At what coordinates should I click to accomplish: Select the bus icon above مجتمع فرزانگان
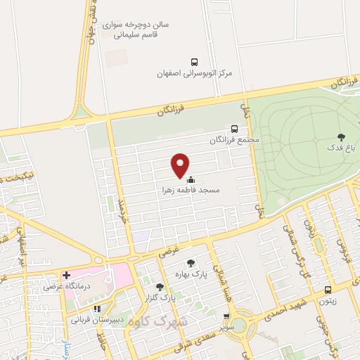(234, 129)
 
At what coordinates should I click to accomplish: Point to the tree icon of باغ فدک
(342, 137)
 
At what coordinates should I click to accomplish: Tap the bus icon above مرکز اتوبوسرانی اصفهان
(194, 61)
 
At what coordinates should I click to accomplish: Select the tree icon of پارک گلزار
(160, 286)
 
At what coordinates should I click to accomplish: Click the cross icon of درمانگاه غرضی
(66, 275)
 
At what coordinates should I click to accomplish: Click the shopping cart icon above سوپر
(226, 317)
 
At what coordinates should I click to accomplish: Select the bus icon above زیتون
(328, 290)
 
